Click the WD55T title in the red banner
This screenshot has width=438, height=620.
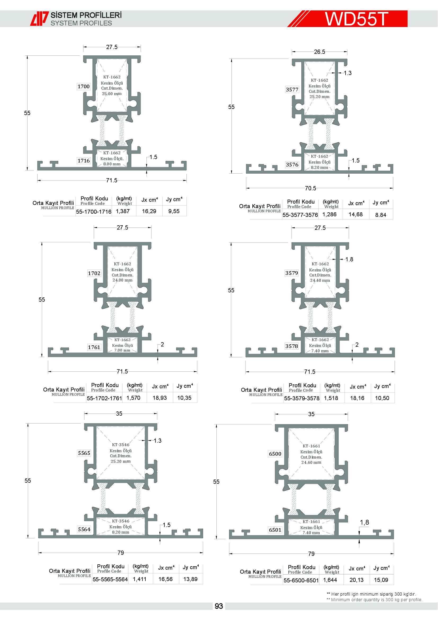point(356,19)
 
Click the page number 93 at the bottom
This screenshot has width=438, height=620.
point(219,606)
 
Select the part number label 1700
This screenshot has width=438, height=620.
point(84,86)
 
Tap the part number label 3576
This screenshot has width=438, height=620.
point(292,165)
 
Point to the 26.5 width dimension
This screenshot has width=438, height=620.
point(319,52)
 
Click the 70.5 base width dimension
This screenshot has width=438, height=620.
point(310,188)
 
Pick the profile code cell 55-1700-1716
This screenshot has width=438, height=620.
point(93,212)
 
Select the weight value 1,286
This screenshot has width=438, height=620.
point(329,214)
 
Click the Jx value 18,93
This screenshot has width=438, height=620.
point(160,398)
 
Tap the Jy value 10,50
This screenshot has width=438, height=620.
point(382,398)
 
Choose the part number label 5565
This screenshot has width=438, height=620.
point(84,453)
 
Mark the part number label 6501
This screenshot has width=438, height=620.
point(275,530)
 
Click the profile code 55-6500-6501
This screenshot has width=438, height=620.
point(301,580)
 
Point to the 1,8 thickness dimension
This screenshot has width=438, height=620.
point(364,522)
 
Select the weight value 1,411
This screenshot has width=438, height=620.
point(140,579)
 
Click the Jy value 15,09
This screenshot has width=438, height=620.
point(381,580)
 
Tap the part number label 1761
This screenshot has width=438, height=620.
point(94,347)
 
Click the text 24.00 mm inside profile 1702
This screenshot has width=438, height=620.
point(122,280)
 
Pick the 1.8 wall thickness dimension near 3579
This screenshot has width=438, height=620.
point(349,260)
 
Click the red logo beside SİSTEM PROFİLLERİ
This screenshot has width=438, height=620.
point(39,19)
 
